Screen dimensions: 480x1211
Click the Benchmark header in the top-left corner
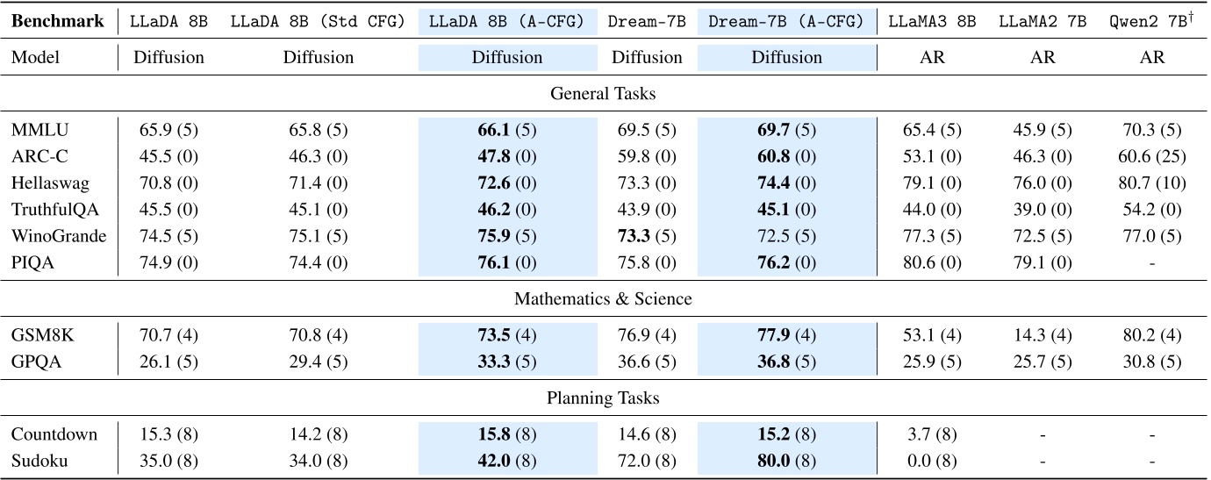[x=57, y=21]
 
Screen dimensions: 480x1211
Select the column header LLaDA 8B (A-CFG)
[x=506, y=21]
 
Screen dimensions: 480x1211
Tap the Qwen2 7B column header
[x=1151, y=21]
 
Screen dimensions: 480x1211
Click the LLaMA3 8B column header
[x=931, y=21]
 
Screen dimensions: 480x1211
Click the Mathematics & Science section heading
[x=603, y=298]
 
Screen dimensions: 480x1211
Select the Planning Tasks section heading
[x=603, y=398]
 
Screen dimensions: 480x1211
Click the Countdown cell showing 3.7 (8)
[x=931, y=434]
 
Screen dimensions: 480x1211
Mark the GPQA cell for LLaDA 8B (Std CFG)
[x=318, y=362]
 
